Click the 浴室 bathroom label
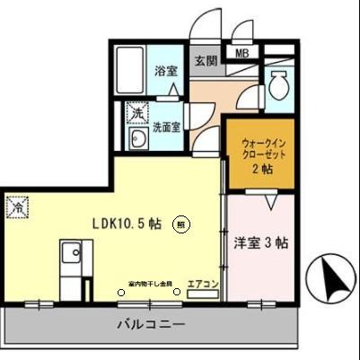[164, 70]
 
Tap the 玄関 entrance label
[205, 62]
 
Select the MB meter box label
[241, 54]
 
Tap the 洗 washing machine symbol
[136, 114]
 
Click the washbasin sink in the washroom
[138, 139]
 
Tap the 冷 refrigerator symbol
[16, 208]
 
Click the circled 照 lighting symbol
[182, 225]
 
